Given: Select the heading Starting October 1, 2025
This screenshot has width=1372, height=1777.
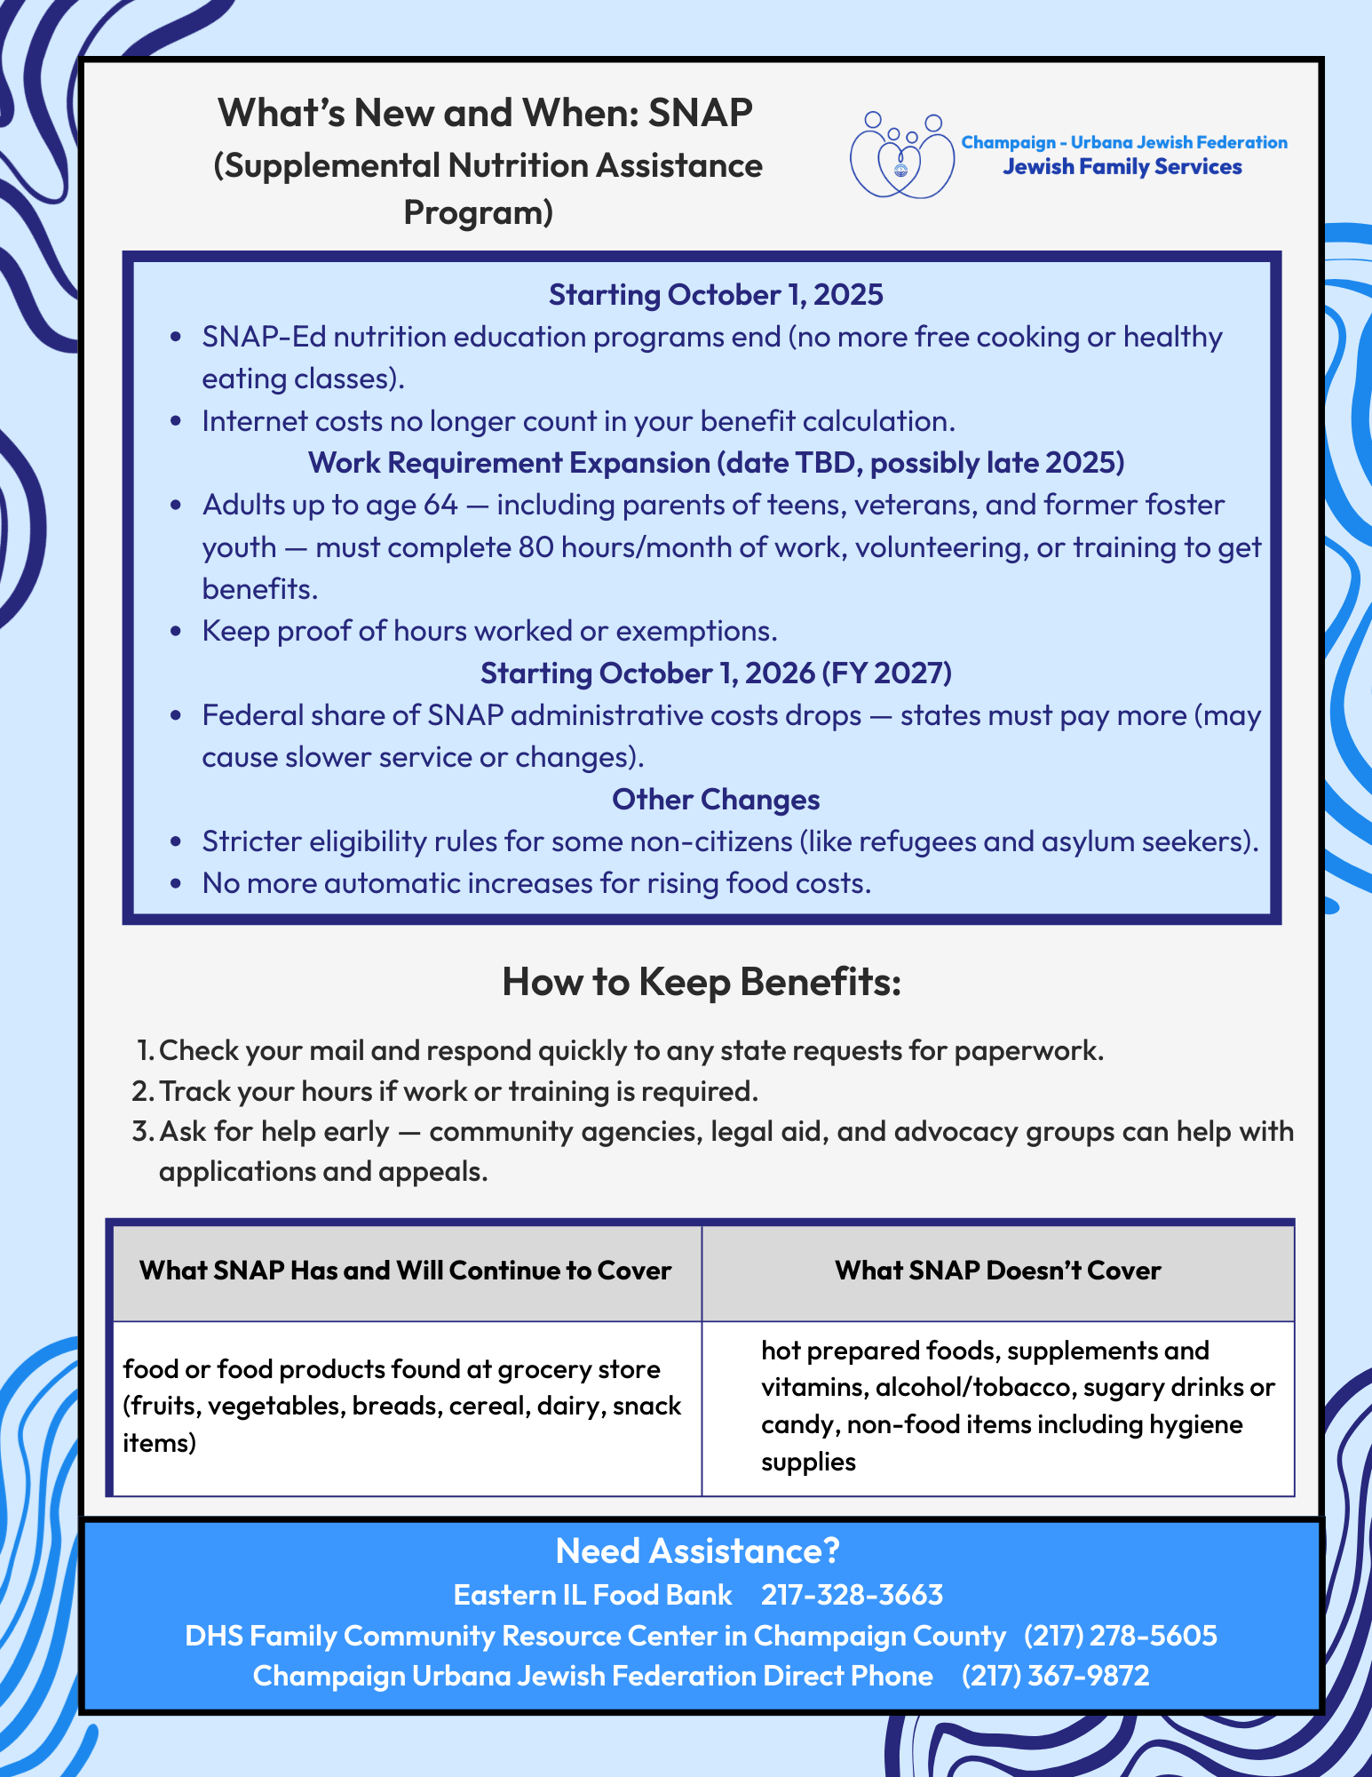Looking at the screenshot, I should [716, 294].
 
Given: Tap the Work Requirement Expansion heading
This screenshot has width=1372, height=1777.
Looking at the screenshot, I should [716, 463].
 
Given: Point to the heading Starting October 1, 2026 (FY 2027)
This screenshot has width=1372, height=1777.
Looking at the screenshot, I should [716, 673].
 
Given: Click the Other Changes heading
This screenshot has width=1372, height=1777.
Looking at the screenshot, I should [716, 800].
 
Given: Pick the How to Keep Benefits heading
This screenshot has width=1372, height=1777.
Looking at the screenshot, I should [702, 982].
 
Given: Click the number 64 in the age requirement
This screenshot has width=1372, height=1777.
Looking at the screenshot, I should [440, 505].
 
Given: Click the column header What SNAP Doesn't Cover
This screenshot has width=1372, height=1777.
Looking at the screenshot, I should [997, 1271].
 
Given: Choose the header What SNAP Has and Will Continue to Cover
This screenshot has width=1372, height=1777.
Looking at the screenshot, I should [405, 1271].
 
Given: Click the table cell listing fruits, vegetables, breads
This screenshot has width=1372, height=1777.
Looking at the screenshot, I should [402, 1406].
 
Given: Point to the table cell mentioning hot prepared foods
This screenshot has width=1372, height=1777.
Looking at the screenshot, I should [1017, 1406].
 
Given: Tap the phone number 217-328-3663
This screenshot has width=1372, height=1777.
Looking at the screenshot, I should [852, 1595].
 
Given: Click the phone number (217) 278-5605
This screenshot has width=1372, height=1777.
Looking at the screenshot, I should [1120, 1636].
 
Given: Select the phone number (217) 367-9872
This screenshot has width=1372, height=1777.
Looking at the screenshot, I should [1055, 1676].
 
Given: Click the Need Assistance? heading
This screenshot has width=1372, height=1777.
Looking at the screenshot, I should [697, 1551].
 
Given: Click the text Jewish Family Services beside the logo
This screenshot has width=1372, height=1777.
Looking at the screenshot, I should [1122, 167].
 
